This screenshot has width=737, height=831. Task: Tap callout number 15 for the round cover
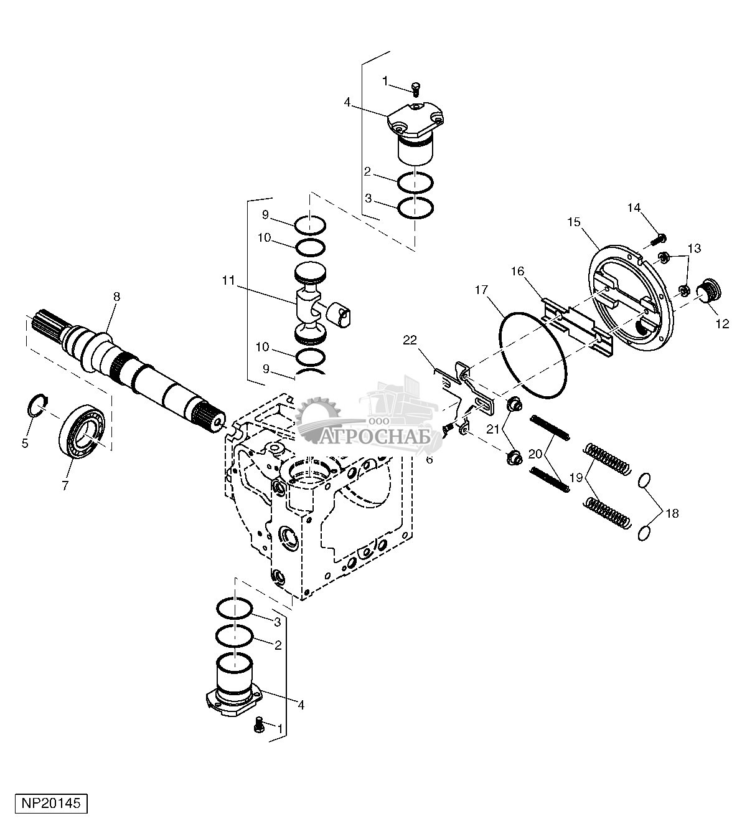pos(573,221)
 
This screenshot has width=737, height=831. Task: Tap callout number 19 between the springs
pos(575,478)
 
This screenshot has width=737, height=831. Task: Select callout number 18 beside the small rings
pos(672,513)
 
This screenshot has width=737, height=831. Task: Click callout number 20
pos(535,454)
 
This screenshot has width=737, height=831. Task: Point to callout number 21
pos(493,428)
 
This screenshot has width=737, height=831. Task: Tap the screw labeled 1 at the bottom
pos(259,724)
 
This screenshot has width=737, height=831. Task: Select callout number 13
pos(694,249)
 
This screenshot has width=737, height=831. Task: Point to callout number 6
pos(429,460)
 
